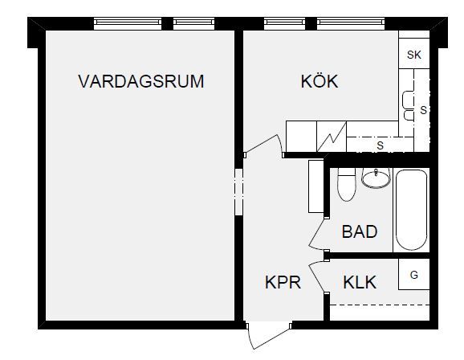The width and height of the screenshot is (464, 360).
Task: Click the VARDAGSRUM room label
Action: pyautogui.click(x=140, y=81)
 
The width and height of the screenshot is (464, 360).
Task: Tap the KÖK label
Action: pyautogui.click(x=320, y=81)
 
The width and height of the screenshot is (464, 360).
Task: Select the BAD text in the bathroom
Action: pyautogui.click(x=360, y=231)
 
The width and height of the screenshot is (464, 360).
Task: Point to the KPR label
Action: pyautogui.click(x=283, y=282)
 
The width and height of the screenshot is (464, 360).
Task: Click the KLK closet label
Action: pyautogui.click(x=360, y=282)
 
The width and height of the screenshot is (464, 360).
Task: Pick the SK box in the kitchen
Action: pyautogui.click(x=414, y=54)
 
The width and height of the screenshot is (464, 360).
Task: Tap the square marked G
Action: pyautogui.click(x=414, y=274)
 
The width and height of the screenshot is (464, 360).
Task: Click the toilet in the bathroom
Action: pyautogui.click(x=347, y=185)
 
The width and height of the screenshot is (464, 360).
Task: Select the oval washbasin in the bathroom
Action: pyautogui.click(x=376, y=178)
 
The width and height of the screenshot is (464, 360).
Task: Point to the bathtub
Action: pyautogui.click(x=411, y=210)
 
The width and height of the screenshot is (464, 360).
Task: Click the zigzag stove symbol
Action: pyautogui.click(x=332, y=137)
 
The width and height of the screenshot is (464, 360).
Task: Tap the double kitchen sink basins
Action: pyautogui.click(x=408, y=106)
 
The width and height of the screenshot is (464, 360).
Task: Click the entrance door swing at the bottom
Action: pyautogui.click(x=268, y=336)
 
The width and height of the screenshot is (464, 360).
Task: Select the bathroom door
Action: pyautogui.click(x=316, y=234)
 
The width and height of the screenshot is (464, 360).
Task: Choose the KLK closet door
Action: pyautogui.click(x=317, y=277)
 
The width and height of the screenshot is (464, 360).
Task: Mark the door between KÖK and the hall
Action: pyautogui.click(x=263, y=145)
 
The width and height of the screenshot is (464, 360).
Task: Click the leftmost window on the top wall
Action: pyautogui.click(x=128, y=23)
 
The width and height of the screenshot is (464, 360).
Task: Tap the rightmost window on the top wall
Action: pyautogui.click(x=351, y=23)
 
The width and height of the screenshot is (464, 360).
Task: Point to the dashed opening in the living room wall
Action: pyautogui.click(x=238, y=192)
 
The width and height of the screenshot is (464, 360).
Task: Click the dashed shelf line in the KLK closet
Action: pyautogui.click(x=380, y=305)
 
